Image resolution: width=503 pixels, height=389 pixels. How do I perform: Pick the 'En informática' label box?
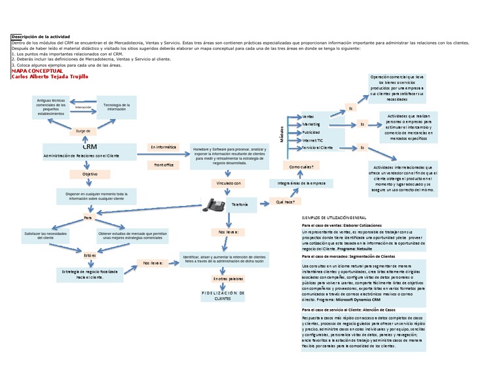[x=163, y=147]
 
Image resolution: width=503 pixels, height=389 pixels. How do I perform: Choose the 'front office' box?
[x=163, y=165]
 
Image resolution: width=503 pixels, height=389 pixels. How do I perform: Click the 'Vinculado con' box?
[x=227, y=183]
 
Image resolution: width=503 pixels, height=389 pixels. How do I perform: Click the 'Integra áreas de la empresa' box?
[x=301, y=183]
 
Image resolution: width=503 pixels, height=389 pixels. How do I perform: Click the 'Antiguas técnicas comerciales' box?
[x=51, y=107]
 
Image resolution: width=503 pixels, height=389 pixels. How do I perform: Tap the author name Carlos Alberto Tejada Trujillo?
[x=49, y=77]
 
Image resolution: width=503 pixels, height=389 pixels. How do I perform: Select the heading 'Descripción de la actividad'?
[x=41, y=36]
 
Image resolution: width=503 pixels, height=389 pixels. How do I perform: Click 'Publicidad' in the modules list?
[x=312, y=132]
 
